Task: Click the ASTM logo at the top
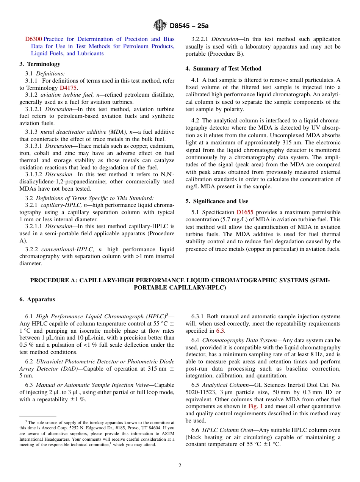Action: click(160, 25)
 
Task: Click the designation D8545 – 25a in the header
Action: click(189, 26)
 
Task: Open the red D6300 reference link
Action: click(33, 39)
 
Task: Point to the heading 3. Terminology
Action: click(40, 64)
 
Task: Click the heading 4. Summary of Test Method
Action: click(223, 69)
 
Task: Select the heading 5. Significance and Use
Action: click(217, 201)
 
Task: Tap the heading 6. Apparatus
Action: click(37, 299)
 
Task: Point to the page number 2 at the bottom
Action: click(180, 466)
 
